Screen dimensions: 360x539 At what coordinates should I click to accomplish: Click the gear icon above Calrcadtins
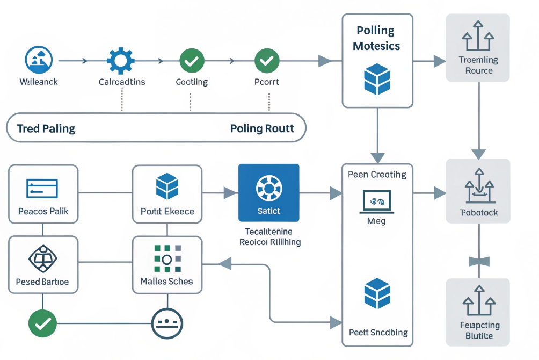coord(121,60)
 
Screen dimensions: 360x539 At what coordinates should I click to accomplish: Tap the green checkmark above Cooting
coord(191,60)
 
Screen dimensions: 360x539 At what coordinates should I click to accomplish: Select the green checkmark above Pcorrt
coord(266,60)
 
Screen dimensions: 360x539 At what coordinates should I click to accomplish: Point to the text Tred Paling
coord(46,128)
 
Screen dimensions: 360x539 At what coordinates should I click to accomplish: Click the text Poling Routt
coord(262,128)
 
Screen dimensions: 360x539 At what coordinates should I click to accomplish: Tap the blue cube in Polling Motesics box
coord(377,79)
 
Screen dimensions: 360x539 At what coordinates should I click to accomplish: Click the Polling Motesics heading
coord(376,38)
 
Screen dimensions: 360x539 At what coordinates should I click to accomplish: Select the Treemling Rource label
coord(478,65)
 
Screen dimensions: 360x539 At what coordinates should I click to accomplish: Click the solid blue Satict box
coord(268,193)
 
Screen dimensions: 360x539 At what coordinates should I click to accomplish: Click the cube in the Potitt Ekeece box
coord(167,186)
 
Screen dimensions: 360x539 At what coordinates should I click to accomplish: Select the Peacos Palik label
coord(43,211)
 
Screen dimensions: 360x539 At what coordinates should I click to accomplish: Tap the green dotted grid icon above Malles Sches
coord(166,258)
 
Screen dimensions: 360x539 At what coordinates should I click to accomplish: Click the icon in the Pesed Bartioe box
coord(42,259)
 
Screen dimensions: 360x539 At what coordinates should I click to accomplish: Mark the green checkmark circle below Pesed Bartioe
coord(42,323)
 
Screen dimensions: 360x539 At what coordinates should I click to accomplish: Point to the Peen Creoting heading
coord(377,175)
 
